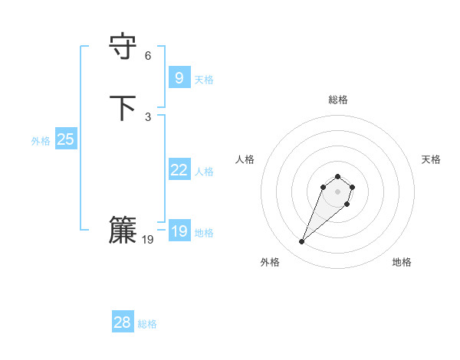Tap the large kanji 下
pyautogui.click(x=123, y=108)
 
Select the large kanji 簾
pyautogui.click(x=123, y=231)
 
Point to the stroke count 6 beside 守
pyautogui.click(x=148, y=56)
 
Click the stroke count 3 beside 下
pyautogui.click(x=148, y=116)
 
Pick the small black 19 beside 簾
pyautogui.click(x=148, y=240)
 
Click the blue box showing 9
pyautogui.click(x=179, y=77)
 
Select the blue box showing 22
pyautogui.click(x=179, y=170)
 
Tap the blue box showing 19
pyautogui.click(x=179, y=231)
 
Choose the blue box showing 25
pyautogui.click(x=66, y=139)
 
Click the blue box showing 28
pyautogui.click(x=123, y=322)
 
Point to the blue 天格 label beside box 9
pyautogui.click(x=204, y=80)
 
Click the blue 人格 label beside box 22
pyautogui.click(x=204, y=172)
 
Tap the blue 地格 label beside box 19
pyautogui.click(x=204, y=233)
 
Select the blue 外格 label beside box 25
pyautogui.click(x=41, y=141)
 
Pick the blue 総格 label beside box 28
pyautogui.click(x=147, y=324)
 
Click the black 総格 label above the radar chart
pyautogui.click(x=338, y=100)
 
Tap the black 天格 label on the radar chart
pyautogui.click(x=431, y=159)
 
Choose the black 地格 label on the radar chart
pyautogui.click(x=402, y=262)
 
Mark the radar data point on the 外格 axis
pyautogui.click(x=302, y=242)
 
